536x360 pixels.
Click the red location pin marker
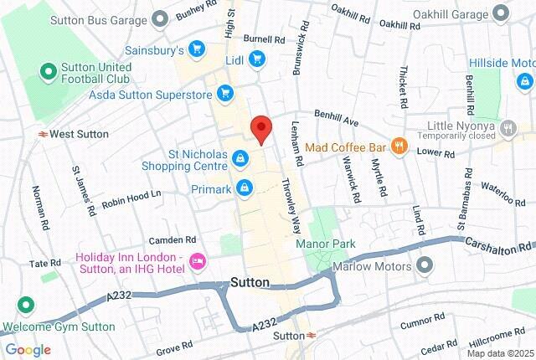click(262, 129)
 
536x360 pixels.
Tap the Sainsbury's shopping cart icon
click(197, 50)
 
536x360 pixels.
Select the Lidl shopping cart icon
click(257, 59)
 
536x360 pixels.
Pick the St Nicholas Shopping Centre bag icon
click(241, 157)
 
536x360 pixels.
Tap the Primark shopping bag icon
click(244, 188)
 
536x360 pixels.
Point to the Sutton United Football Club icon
click(48, 73)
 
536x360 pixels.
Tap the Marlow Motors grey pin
click(425, 266)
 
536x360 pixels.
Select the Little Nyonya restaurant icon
click(508, 128)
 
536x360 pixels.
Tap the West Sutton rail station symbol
click(41, 133)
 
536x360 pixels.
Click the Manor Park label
click(326, 244)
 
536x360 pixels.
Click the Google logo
click(28, 350)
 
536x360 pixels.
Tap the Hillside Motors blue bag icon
click(524, 81)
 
